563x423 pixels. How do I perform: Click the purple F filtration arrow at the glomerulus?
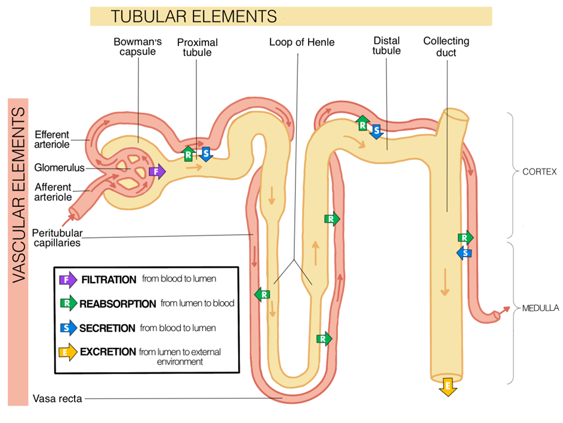[x=156, y=172]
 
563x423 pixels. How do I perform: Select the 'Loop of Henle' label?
[x=302, y=42]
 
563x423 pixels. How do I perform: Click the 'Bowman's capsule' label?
[x=134, y=47]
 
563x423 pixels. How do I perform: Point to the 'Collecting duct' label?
[x=446, y=47]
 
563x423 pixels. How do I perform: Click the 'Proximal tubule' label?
[x=197, y=47]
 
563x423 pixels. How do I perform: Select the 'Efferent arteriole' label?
[x=52, y=139]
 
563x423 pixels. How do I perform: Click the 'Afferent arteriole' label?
[x=52, y=191]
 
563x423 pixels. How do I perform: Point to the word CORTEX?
[x=539, y=172]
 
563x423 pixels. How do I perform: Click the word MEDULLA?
[x=540, y=308]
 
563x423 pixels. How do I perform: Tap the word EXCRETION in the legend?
[x=108, y=351]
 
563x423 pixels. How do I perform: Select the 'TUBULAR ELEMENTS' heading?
[x=194, y=17]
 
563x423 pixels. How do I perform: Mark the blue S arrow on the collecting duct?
[x=464, y=253]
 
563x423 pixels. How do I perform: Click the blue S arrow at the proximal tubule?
[x=205, y=154]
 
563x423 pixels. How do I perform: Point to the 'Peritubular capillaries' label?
[x=57, y=237]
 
